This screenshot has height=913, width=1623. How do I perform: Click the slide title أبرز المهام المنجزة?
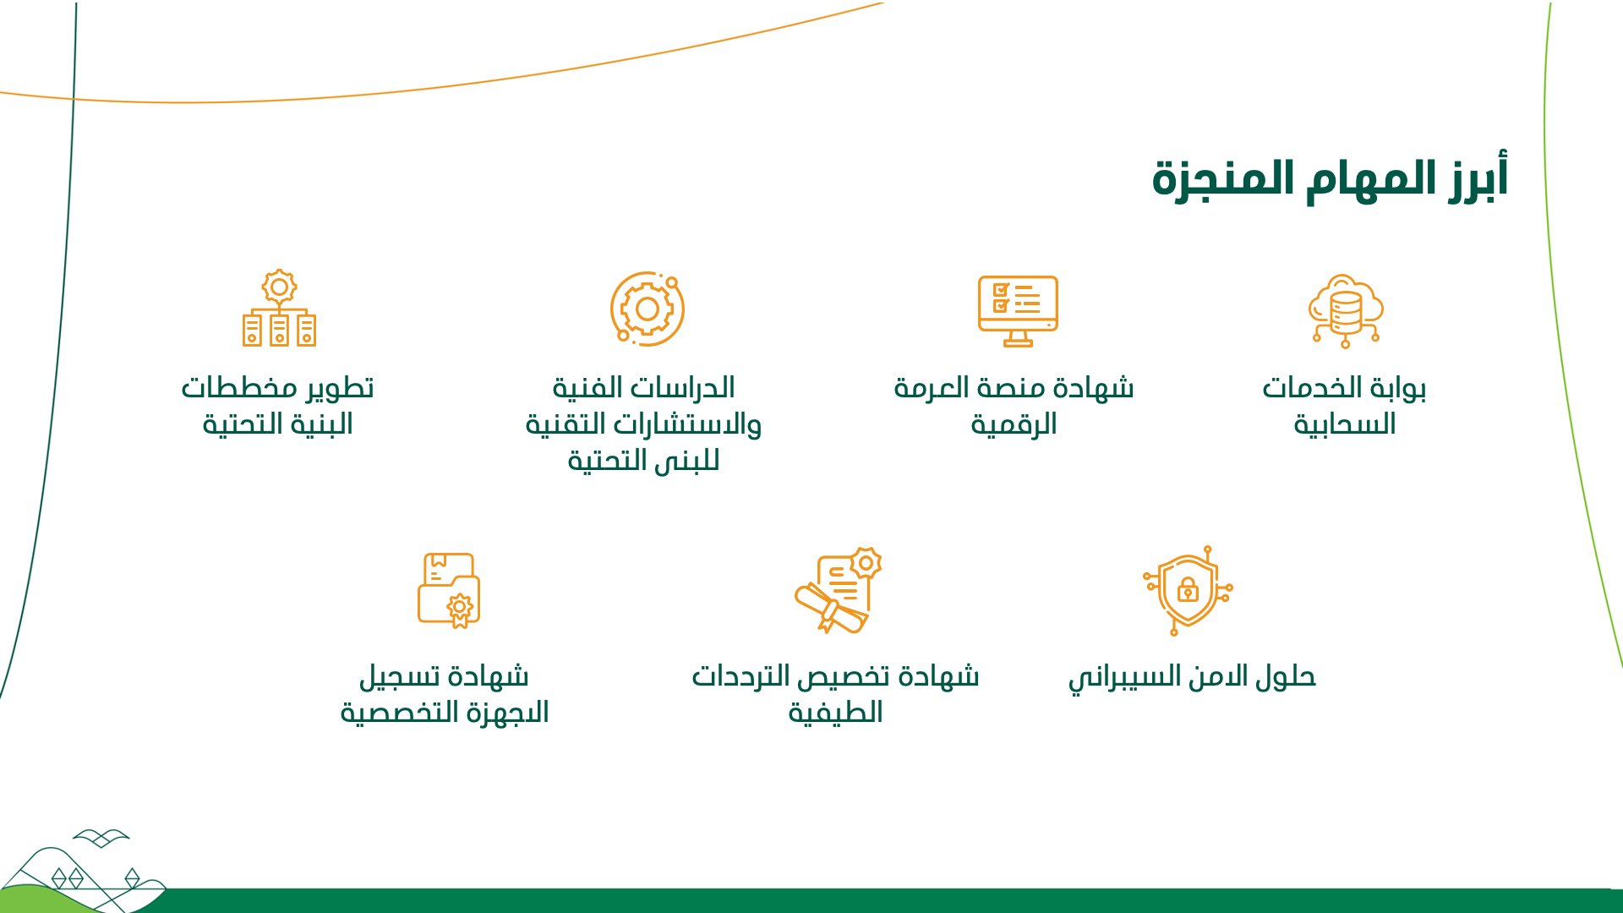[x=1331, y=178]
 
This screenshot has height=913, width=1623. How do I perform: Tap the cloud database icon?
[x=1346, y=310]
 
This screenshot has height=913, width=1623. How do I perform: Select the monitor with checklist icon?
[x=1018, y=310]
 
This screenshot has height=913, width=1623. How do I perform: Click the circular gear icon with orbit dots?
[x=648, y=309]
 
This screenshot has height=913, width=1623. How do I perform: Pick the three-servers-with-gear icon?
[x=279, y=308]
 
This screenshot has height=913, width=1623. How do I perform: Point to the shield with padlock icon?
[x=1188, y=590]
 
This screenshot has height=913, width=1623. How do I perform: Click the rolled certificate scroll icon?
[x=838, y=590]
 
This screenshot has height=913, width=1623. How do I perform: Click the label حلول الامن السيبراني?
[x=1192, y=677]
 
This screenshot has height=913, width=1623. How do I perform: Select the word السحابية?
[x=1345, y=424]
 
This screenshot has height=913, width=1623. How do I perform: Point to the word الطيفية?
[x=835, y=713]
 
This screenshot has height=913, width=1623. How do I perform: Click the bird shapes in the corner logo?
[x=101, y=838]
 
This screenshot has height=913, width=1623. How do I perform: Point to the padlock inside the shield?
[x=1188, y=589]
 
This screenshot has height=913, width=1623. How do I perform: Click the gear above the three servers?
[x=279, y=287]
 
